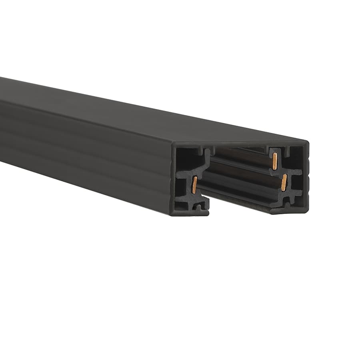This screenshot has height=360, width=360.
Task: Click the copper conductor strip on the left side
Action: tap(194, 185)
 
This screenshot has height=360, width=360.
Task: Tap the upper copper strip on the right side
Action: tap(275, 161)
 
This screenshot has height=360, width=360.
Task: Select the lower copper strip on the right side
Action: tap(284, 182)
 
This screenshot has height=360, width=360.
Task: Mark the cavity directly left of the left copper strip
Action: tap(183, 186)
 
